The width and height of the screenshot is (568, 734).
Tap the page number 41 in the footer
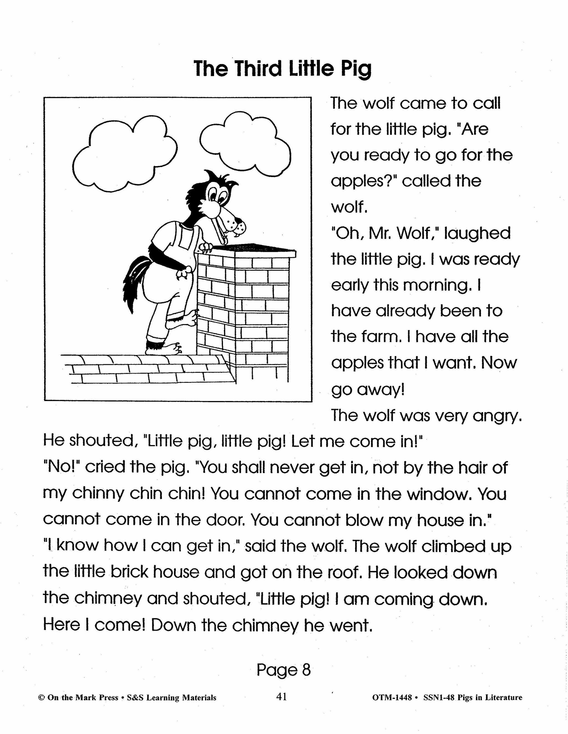(281, 697)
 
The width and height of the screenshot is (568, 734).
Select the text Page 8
(283, 670)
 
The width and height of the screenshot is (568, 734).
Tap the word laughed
(477, 233)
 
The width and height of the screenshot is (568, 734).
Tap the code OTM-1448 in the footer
(392, 698)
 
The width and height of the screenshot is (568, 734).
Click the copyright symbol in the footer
(42, 698)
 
